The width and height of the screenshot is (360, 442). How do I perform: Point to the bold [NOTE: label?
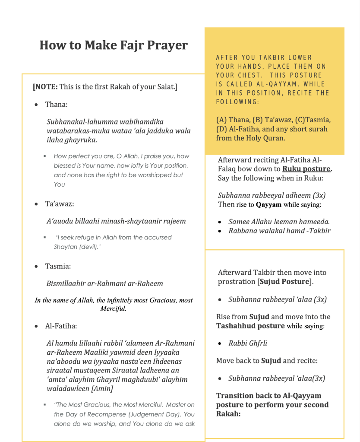[x=45, y=86]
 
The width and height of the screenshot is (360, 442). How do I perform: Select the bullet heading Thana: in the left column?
[x=57, y=105]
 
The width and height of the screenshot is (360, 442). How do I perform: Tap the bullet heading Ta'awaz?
[x=60, y=204]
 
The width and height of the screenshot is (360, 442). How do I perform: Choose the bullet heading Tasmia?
[x=58, y=266]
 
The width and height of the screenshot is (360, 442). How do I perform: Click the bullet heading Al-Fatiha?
[x=61, y=326]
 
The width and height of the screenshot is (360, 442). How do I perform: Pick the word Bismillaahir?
[x=66, y=284]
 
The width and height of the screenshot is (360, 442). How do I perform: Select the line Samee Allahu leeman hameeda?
[x=279, y=222]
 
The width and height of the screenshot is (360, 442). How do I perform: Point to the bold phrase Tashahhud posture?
[x=250, y=326]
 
